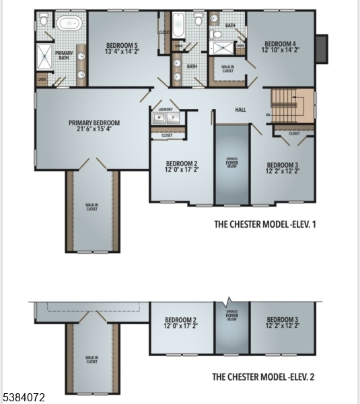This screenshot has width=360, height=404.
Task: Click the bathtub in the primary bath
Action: (68, 24)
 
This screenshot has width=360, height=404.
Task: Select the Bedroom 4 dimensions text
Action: (280, 49)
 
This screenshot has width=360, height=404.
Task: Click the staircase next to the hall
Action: (293, 106)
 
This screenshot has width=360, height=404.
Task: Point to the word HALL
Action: (240, 110)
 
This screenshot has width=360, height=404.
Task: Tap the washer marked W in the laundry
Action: (159, 117)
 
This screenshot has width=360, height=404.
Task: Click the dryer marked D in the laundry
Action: (172, 117)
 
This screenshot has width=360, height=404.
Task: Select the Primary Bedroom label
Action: (94, 123)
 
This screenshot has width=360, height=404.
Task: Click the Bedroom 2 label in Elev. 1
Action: (182, 164)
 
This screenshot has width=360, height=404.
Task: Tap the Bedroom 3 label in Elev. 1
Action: (282, 165)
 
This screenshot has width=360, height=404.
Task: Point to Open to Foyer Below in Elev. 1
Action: (231, 163)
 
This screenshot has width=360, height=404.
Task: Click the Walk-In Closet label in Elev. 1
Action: (92, 207)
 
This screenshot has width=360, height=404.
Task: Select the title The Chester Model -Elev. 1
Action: (264, 224)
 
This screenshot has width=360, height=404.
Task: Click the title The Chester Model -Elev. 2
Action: (264, 377)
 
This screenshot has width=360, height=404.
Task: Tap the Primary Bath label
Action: (64, 55)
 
